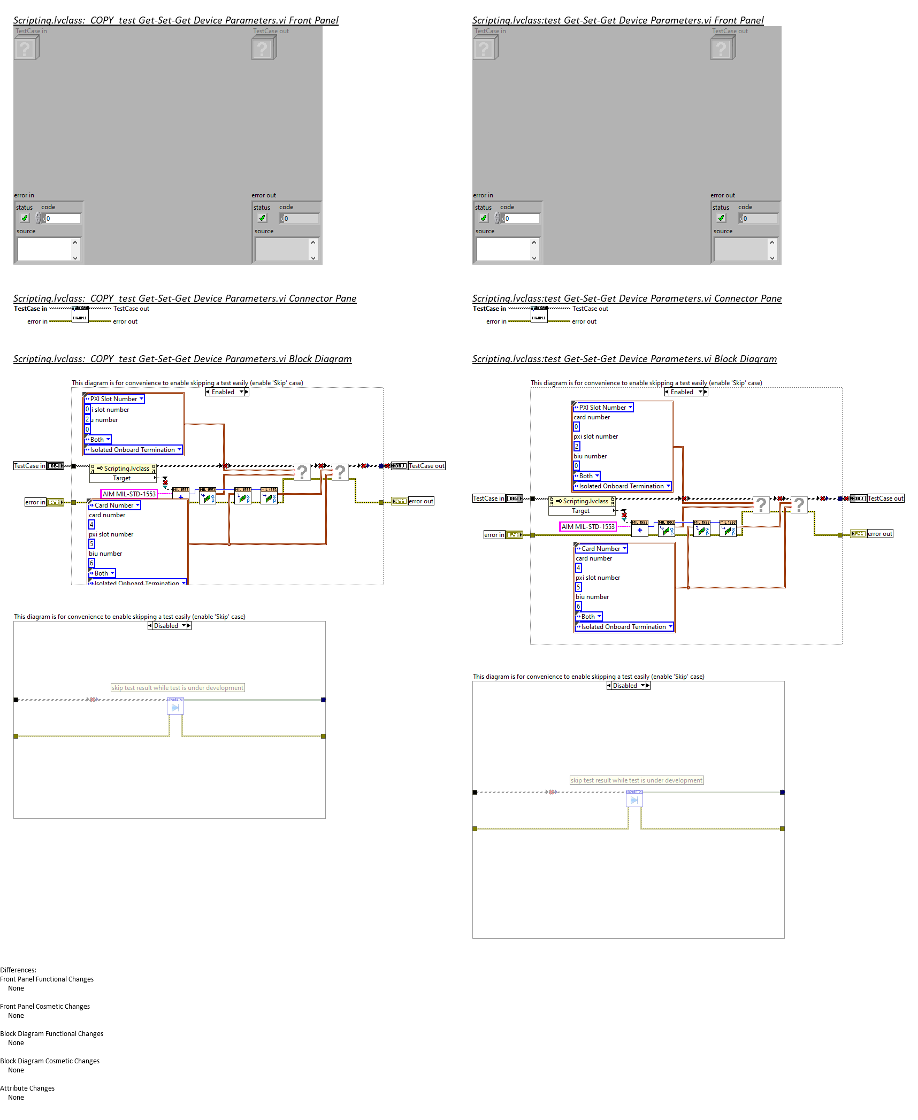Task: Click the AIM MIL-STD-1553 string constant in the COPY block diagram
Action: (x=129, y=494)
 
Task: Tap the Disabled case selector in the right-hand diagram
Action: (x=628, y=686)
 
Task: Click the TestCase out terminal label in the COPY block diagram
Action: (x=426, y=466)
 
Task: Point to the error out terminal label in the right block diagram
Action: (x=879, y=534)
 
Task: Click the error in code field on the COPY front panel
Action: (x=62, y=218)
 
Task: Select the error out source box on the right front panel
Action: (x=741, y=249)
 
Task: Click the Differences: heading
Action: (x=18, y=970)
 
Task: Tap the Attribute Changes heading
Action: (x=27, y=1088)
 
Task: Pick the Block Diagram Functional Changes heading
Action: (x=52, y=1033)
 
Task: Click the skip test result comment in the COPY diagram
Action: (x=178, y=688)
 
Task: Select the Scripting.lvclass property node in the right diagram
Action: (x=582, y=501)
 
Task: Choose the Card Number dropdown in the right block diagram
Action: (x=601, y=549)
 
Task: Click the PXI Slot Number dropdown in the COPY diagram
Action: (x=114, y=399)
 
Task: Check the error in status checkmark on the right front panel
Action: (x=484, y=218)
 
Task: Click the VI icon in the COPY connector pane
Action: (x=80, y=314)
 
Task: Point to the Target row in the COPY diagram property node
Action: (x=122, y=478)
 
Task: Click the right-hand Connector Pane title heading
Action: (x=626, y=298)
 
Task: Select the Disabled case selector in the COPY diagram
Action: (x=169, y=626)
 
